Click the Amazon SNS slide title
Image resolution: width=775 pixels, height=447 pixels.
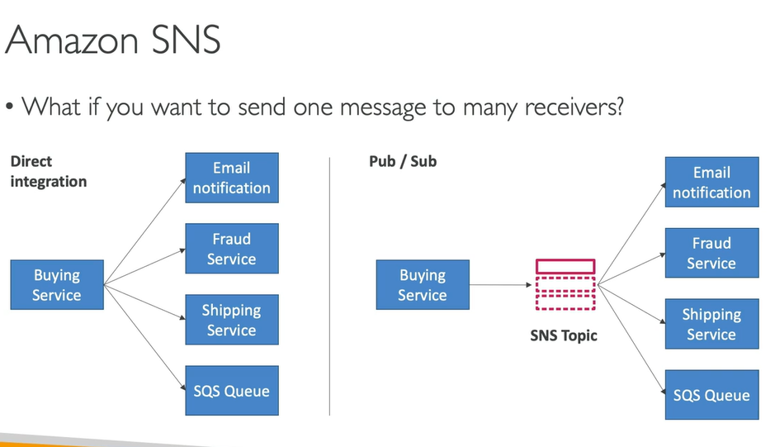[113, 39]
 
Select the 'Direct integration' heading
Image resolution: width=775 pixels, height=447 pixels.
[48, 171]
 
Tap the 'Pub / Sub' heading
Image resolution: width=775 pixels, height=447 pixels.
[403, 161]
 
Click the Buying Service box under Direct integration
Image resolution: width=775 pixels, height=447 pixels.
[57, 285]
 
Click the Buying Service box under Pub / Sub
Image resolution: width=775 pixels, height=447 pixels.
[423, 285]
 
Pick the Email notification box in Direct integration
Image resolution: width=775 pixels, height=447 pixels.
[232, 178]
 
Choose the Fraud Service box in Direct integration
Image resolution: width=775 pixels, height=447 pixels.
[232, 249]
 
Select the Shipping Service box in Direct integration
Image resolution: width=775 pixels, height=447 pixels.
[232, 320]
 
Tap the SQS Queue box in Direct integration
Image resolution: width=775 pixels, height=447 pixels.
[232, 391]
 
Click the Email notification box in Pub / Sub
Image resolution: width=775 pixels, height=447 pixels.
[711, 183]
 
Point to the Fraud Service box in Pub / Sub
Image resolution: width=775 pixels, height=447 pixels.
[711, 253]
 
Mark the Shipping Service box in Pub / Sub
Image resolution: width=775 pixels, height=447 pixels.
[711, 324]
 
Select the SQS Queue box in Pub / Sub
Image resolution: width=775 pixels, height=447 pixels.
[711, 395]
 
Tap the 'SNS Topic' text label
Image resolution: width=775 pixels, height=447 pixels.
[564, 336]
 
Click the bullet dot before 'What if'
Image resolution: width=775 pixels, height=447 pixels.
[9, 107]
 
